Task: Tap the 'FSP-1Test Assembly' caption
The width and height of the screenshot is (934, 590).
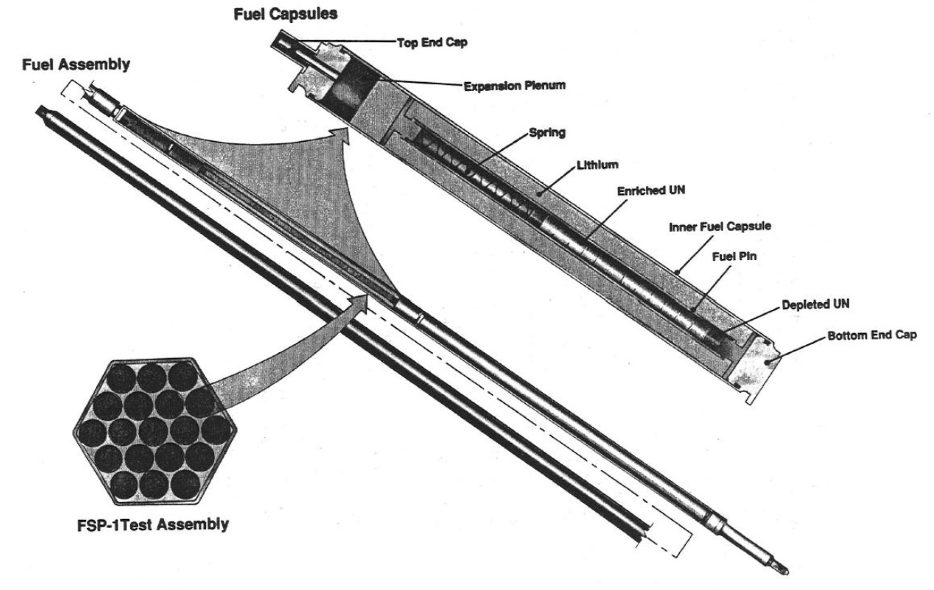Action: pyautogui.click(x=154, y=528)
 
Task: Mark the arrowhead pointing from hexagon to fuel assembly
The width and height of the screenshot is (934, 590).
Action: pyautogui.click(x=360, y=301)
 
